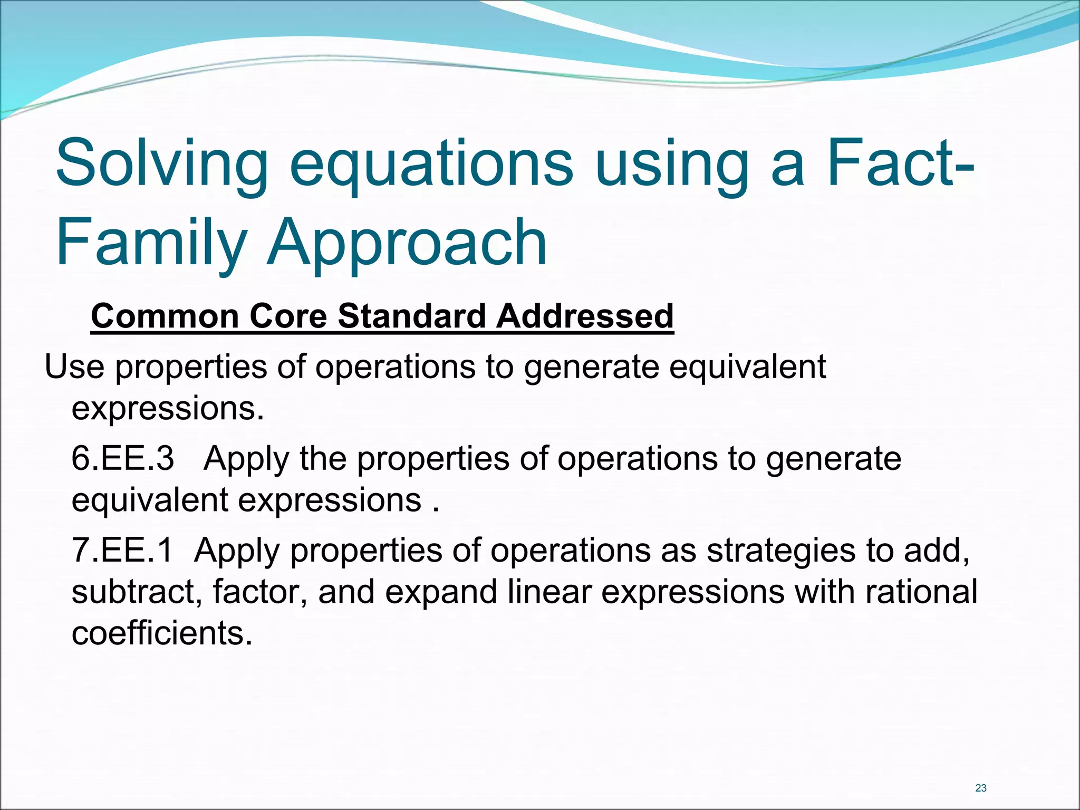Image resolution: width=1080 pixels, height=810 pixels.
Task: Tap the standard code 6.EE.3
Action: click(122, 458)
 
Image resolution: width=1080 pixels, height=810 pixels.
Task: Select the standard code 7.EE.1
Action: click(122, 551)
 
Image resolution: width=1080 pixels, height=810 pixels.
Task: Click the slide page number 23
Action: click(981, 788)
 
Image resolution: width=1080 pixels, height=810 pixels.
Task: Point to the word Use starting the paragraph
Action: click(74, 367)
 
